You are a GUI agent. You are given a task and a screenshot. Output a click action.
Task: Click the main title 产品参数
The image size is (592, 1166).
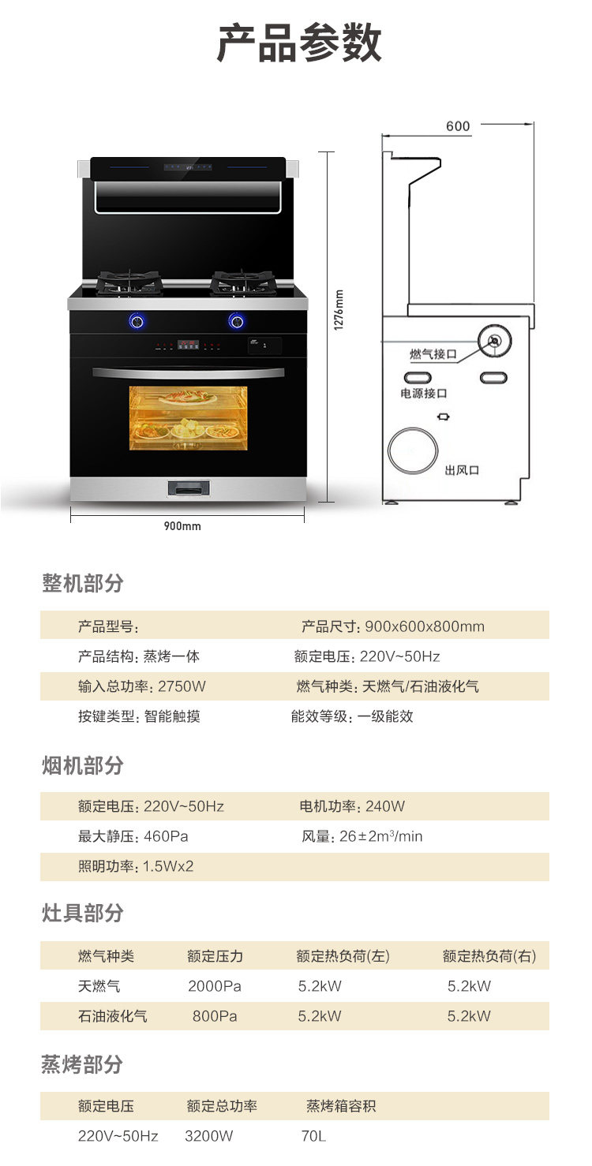(299, 43)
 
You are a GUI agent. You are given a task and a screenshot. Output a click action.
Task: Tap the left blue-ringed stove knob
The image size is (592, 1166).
(137, 321)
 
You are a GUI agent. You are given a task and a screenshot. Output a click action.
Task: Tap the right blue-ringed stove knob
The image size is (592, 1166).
(236, 321)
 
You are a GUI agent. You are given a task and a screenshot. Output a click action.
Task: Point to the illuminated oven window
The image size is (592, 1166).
(188, 417)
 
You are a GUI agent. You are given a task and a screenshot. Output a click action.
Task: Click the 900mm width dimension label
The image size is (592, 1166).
(182, 525)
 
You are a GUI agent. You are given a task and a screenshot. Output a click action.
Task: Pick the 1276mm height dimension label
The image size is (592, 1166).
(339, 310)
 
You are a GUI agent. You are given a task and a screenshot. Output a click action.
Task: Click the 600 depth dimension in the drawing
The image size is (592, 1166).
(458, 126)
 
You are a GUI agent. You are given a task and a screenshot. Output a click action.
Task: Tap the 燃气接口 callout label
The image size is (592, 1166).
(433, 354)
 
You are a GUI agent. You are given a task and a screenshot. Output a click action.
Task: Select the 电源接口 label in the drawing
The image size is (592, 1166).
(423, 393)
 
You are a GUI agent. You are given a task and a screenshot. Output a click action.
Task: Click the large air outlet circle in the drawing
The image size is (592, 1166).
(413, 450)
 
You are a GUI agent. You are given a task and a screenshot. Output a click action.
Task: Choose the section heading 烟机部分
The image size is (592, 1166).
(82, 765)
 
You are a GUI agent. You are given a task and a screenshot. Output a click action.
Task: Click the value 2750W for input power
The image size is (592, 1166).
(182, 686)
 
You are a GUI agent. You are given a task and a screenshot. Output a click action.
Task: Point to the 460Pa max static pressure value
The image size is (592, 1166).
(166, 836)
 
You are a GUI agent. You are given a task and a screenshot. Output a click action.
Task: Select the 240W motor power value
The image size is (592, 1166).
(384, 805)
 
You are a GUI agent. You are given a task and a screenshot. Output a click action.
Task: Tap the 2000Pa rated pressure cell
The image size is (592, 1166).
(215, 986)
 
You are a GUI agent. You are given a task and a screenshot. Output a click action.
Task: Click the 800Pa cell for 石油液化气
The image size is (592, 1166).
(215, 1015)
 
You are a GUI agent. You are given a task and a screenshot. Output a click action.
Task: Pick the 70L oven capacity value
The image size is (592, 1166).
(313, 1135)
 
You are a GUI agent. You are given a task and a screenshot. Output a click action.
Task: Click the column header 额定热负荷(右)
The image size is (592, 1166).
(489, 955)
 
